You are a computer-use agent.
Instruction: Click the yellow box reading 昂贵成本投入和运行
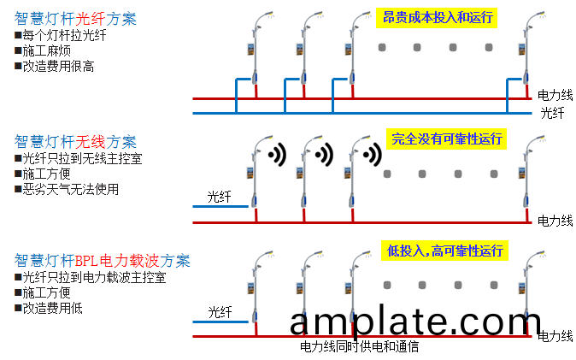pos(437,17)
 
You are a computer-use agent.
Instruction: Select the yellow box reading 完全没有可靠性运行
pos(446,139)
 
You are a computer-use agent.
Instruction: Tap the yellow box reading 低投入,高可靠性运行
pos(446,250)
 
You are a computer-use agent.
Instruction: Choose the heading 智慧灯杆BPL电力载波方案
pos(103,260)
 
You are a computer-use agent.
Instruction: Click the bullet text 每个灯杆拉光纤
pos(64,35)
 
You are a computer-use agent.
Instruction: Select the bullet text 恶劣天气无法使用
pos(70,189)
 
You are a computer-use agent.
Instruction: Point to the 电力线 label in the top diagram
pos(555,94)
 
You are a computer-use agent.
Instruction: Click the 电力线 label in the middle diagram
pos(555,221)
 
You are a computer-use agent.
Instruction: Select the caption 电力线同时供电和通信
pos(359,347)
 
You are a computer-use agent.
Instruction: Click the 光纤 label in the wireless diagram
pos(220,198)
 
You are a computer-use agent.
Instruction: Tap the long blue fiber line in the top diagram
pos(359,112)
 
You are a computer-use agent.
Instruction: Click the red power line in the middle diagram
pos(385,223)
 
